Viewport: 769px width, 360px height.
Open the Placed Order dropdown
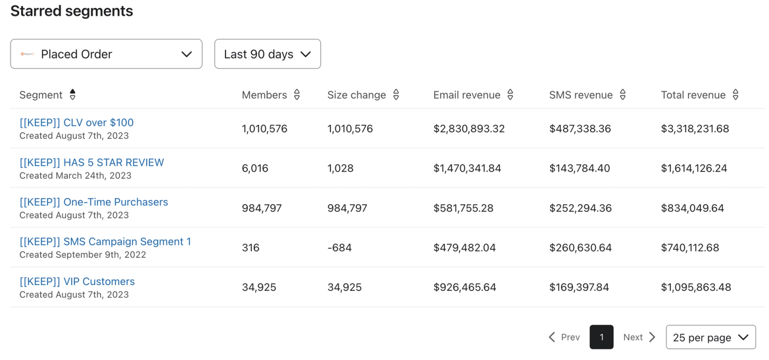click(x=106, y=54)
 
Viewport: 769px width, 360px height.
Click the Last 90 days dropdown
click(x=267, y=54)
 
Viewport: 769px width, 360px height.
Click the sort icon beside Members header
click(x=297, y=95)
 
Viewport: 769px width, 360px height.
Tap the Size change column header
click(x=356, y=95)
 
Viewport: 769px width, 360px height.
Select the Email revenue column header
click(x=467, y=95)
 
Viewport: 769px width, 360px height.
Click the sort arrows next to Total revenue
click(x=735, y=95)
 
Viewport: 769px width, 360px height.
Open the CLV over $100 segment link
click(x=76, y=123)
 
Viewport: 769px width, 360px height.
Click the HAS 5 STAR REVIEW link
click(x=92, y=162)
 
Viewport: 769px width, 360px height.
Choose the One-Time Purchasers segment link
click(x=94, y=202)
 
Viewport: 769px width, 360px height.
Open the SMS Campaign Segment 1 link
click(x=105, y=242)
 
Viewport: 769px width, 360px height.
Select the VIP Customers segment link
click(x=77, y=281)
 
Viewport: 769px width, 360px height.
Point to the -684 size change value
click(x=339, y=248)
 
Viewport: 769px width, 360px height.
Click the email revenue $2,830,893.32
click(x=469, y=129)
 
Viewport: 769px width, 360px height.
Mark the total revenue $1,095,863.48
click(x=696, y=287)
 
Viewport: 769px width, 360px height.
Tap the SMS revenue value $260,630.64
click(x=581, y=248)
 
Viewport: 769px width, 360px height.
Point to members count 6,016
click(x=255, y=169)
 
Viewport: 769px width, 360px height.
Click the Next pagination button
click(x=639, y=337)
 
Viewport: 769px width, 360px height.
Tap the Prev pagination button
click(x=564, y=337)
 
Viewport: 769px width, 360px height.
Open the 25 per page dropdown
click(x=711, y=337)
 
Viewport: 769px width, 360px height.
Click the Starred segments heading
click(x=72, y=11)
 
